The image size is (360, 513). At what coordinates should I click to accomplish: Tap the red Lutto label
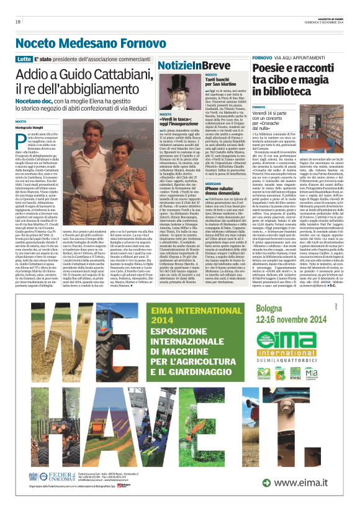pyautogui.click(x=24, y=58)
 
